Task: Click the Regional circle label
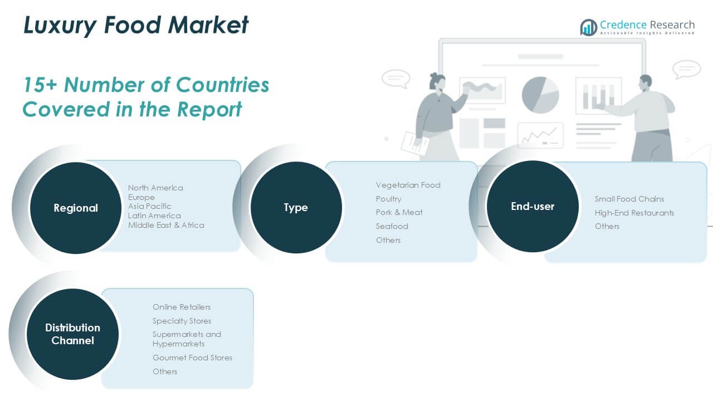click(76, 208)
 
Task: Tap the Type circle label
click(296, 208)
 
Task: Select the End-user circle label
click(533, 206)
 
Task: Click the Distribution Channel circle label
click(72, 334)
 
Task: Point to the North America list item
click(155, 188)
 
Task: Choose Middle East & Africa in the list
click(166, 225)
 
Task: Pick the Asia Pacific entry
click(150, 206)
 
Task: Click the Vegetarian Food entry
click(408, 185)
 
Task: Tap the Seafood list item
click(392, 226)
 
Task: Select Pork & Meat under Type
click(399, 212)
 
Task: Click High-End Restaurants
click(634, 213)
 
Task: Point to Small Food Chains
click(629, 199)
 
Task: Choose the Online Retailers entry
click(182, 307)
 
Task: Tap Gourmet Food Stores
click(192, 358)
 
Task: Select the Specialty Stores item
click(182, 321)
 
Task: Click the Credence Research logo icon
click(589, 27)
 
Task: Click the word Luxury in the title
click(60, 26)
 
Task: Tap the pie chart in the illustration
click(540, 95)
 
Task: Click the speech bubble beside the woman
click(396, 79)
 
